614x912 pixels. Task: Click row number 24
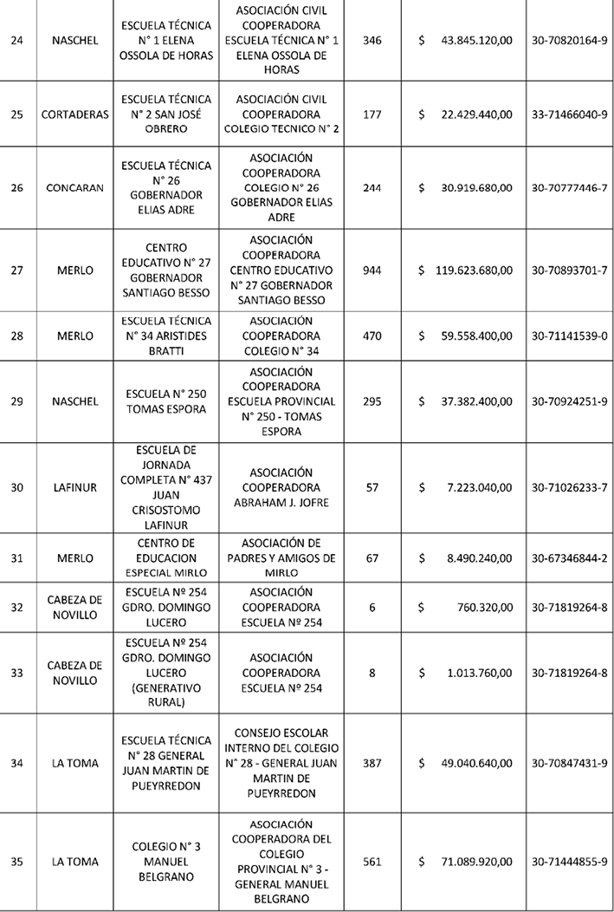16,41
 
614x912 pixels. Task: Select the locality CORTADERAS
74,115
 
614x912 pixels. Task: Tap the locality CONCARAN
74,188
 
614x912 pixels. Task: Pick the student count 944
372,270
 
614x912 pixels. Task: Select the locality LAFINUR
74,487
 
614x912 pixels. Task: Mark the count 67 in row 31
372,558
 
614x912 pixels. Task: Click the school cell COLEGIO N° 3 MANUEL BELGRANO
167,862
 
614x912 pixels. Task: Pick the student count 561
372,862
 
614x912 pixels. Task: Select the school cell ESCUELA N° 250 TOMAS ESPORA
167,401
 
